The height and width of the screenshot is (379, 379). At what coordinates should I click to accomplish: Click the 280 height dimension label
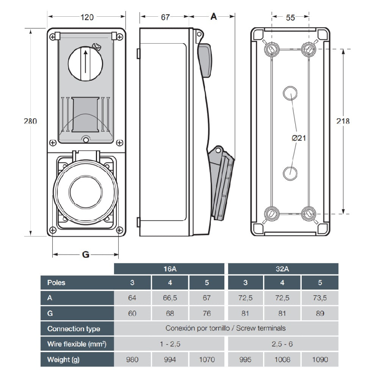tap(30, 121)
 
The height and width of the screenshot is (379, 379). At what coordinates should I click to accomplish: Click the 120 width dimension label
tap(87, 17)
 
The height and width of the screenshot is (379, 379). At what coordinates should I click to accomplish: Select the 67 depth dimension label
tap(165, 17)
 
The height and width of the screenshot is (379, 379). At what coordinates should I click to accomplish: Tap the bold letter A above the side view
tap(213, 17)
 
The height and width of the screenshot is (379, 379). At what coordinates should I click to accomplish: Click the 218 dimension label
tap(343, 121)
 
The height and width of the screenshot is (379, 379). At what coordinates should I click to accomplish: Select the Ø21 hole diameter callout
tap(299, 138)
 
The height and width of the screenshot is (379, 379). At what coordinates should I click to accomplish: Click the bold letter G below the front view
tap(86, 255)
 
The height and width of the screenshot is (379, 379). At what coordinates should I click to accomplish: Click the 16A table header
tap(170, 269)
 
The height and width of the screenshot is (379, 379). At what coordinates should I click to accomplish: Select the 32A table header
tap(283, 269)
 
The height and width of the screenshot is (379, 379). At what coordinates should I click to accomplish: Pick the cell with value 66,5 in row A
tap(170, 298)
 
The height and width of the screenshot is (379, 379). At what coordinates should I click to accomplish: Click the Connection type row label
tap(74, 329)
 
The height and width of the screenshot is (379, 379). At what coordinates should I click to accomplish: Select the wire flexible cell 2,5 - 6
tap(283, 344)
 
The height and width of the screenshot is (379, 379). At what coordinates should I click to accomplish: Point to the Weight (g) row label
tap(63, 359)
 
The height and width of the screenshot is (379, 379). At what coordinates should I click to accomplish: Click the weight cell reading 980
tap(132, 359)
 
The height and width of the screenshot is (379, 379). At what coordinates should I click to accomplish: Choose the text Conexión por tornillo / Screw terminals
tap(226, 328)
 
